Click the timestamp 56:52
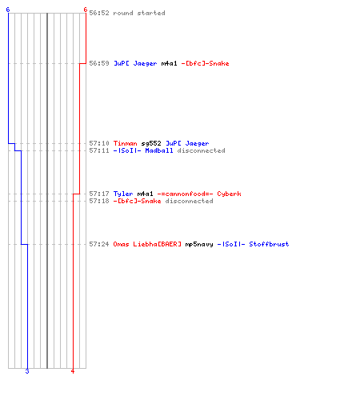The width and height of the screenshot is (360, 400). [99, 13]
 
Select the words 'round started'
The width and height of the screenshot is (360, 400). [139, 13]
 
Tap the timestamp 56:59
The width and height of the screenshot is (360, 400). [99, 63]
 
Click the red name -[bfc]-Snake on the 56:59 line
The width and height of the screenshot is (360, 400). [205, 63]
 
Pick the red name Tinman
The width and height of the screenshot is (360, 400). [125, 143]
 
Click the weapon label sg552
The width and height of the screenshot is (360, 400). [151, 143]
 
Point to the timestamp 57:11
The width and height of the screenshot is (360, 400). [99, 150]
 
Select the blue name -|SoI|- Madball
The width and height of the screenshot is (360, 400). [143, 150]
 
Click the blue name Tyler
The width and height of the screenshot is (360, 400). [123, 194]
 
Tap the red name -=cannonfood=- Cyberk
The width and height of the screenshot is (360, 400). [199, 194]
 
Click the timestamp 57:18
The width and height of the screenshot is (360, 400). [99, 201]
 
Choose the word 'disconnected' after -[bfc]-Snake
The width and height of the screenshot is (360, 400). [189, 201]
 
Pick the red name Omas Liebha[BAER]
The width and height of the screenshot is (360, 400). [147, 244]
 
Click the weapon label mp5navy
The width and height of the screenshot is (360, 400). [199, 244]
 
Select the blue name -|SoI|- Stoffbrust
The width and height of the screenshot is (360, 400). [253, 244]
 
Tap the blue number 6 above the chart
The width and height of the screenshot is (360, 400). [8, 10]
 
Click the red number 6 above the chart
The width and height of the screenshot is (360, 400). [85, 10]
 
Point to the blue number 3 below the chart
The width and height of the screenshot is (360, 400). [27, 371]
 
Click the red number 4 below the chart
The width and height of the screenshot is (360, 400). [73, 371]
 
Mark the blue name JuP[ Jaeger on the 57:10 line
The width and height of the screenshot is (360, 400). [187, 143]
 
